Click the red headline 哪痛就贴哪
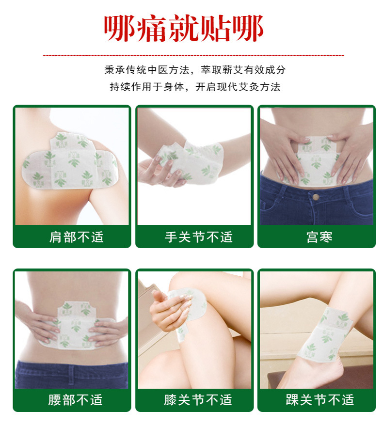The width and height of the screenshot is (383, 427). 184,29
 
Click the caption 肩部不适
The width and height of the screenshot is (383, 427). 77,237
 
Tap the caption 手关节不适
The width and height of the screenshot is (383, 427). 199,237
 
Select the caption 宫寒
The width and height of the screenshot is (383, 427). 319,237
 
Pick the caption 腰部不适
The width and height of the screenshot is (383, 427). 76,400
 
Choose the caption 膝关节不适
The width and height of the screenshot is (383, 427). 198,400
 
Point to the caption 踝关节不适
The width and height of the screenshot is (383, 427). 320,400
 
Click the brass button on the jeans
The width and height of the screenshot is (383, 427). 316,197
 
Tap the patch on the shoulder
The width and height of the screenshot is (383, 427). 70,161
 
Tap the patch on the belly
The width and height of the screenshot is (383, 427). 318,160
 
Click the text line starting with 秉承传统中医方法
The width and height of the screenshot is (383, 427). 195,70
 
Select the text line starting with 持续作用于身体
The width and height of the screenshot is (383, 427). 195,87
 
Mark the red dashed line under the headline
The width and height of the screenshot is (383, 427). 193,56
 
